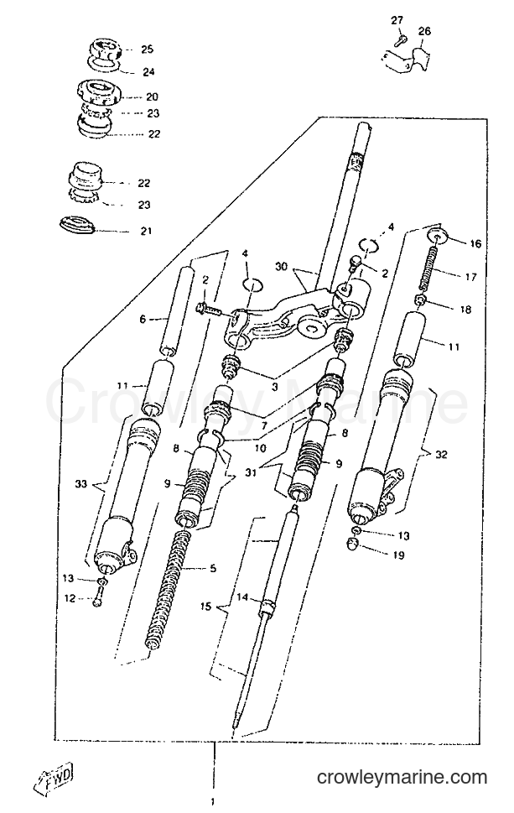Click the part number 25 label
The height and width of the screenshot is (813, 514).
click(147, 50)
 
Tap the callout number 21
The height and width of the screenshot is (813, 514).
click(147, 230)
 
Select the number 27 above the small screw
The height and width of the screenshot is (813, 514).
click(397, 20)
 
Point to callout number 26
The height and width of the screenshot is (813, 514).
click(424, 32)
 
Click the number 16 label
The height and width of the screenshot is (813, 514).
click(475, 243)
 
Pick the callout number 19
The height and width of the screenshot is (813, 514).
click(399, 555)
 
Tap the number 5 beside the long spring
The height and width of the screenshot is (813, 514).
click(212, 568)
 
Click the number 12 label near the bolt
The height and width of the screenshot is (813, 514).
click(70, 598)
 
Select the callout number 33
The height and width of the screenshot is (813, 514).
click(80, 484)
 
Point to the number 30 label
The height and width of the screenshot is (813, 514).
click(282, 266)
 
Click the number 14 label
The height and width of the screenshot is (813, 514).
click(242, 597)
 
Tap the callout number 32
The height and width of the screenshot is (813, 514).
click(441, 455)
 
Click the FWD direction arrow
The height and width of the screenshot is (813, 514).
click(56, 778)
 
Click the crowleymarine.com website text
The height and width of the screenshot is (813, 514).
click(402, 777)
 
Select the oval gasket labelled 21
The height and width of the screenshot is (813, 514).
click(76, 227)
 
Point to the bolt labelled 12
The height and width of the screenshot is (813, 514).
click(99, 597)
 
